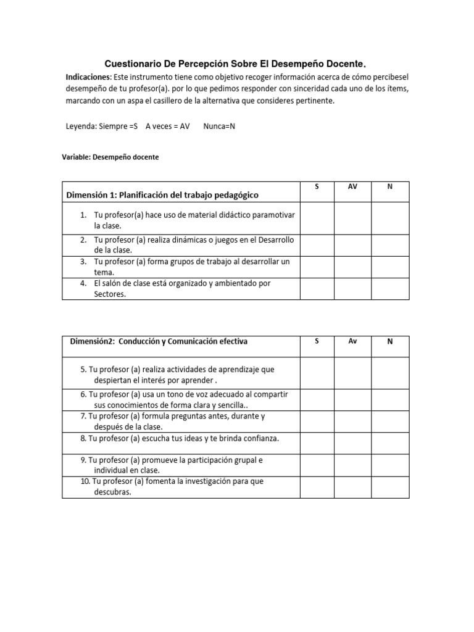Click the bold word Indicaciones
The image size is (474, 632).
coord(88,77)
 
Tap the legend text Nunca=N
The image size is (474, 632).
coord(219,126)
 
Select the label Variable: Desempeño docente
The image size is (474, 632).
coord(110,157)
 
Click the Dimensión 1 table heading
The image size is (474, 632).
coord(162,195)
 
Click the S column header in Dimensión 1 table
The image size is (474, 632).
coord(317,186)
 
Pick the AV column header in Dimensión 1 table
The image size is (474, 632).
coord(352,186)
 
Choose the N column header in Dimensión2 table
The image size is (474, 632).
coord(389,341)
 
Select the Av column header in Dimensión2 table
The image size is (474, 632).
coord(352,341)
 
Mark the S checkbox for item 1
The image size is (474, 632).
coord(317,218)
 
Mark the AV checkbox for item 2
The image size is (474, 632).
coord(352,244)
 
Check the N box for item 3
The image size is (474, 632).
coord(389,267)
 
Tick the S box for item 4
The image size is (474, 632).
coord(317,288)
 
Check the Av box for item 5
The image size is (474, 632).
coord(352,373)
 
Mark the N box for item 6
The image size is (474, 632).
coord(389,399)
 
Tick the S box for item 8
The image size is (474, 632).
coord(317,443)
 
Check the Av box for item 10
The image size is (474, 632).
coord(352,486)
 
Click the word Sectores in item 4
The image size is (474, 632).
coord(110,294)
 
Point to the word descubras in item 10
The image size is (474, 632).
coord(113,492)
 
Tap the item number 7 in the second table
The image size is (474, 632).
coord(83,416)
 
